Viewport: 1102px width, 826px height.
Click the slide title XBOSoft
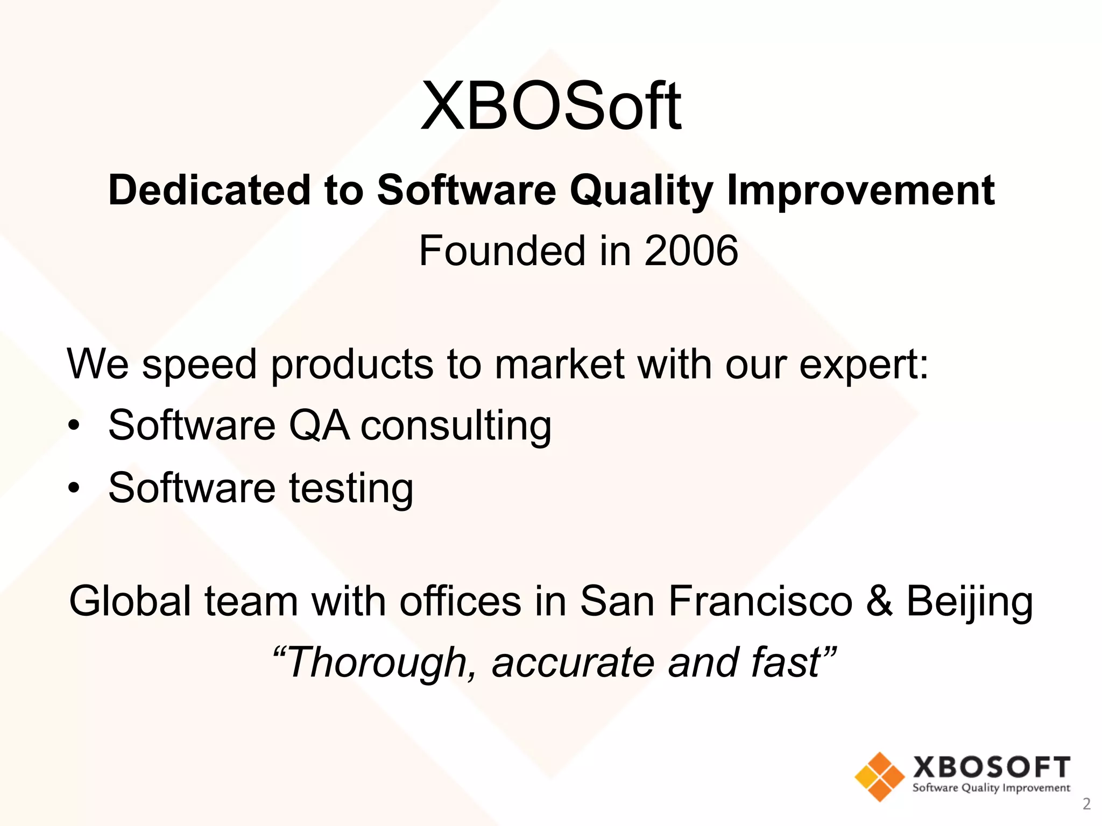pos(551,106)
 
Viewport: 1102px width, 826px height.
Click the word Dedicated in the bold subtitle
pos(209,190)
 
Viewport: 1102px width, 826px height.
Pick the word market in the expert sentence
pos(559,365)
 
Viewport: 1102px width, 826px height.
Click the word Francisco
pos(760,601)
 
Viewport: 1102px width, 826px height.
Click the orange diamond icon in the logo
pos(879,777)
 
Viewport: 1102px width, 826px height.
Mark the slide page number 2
pos(1086,804)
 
